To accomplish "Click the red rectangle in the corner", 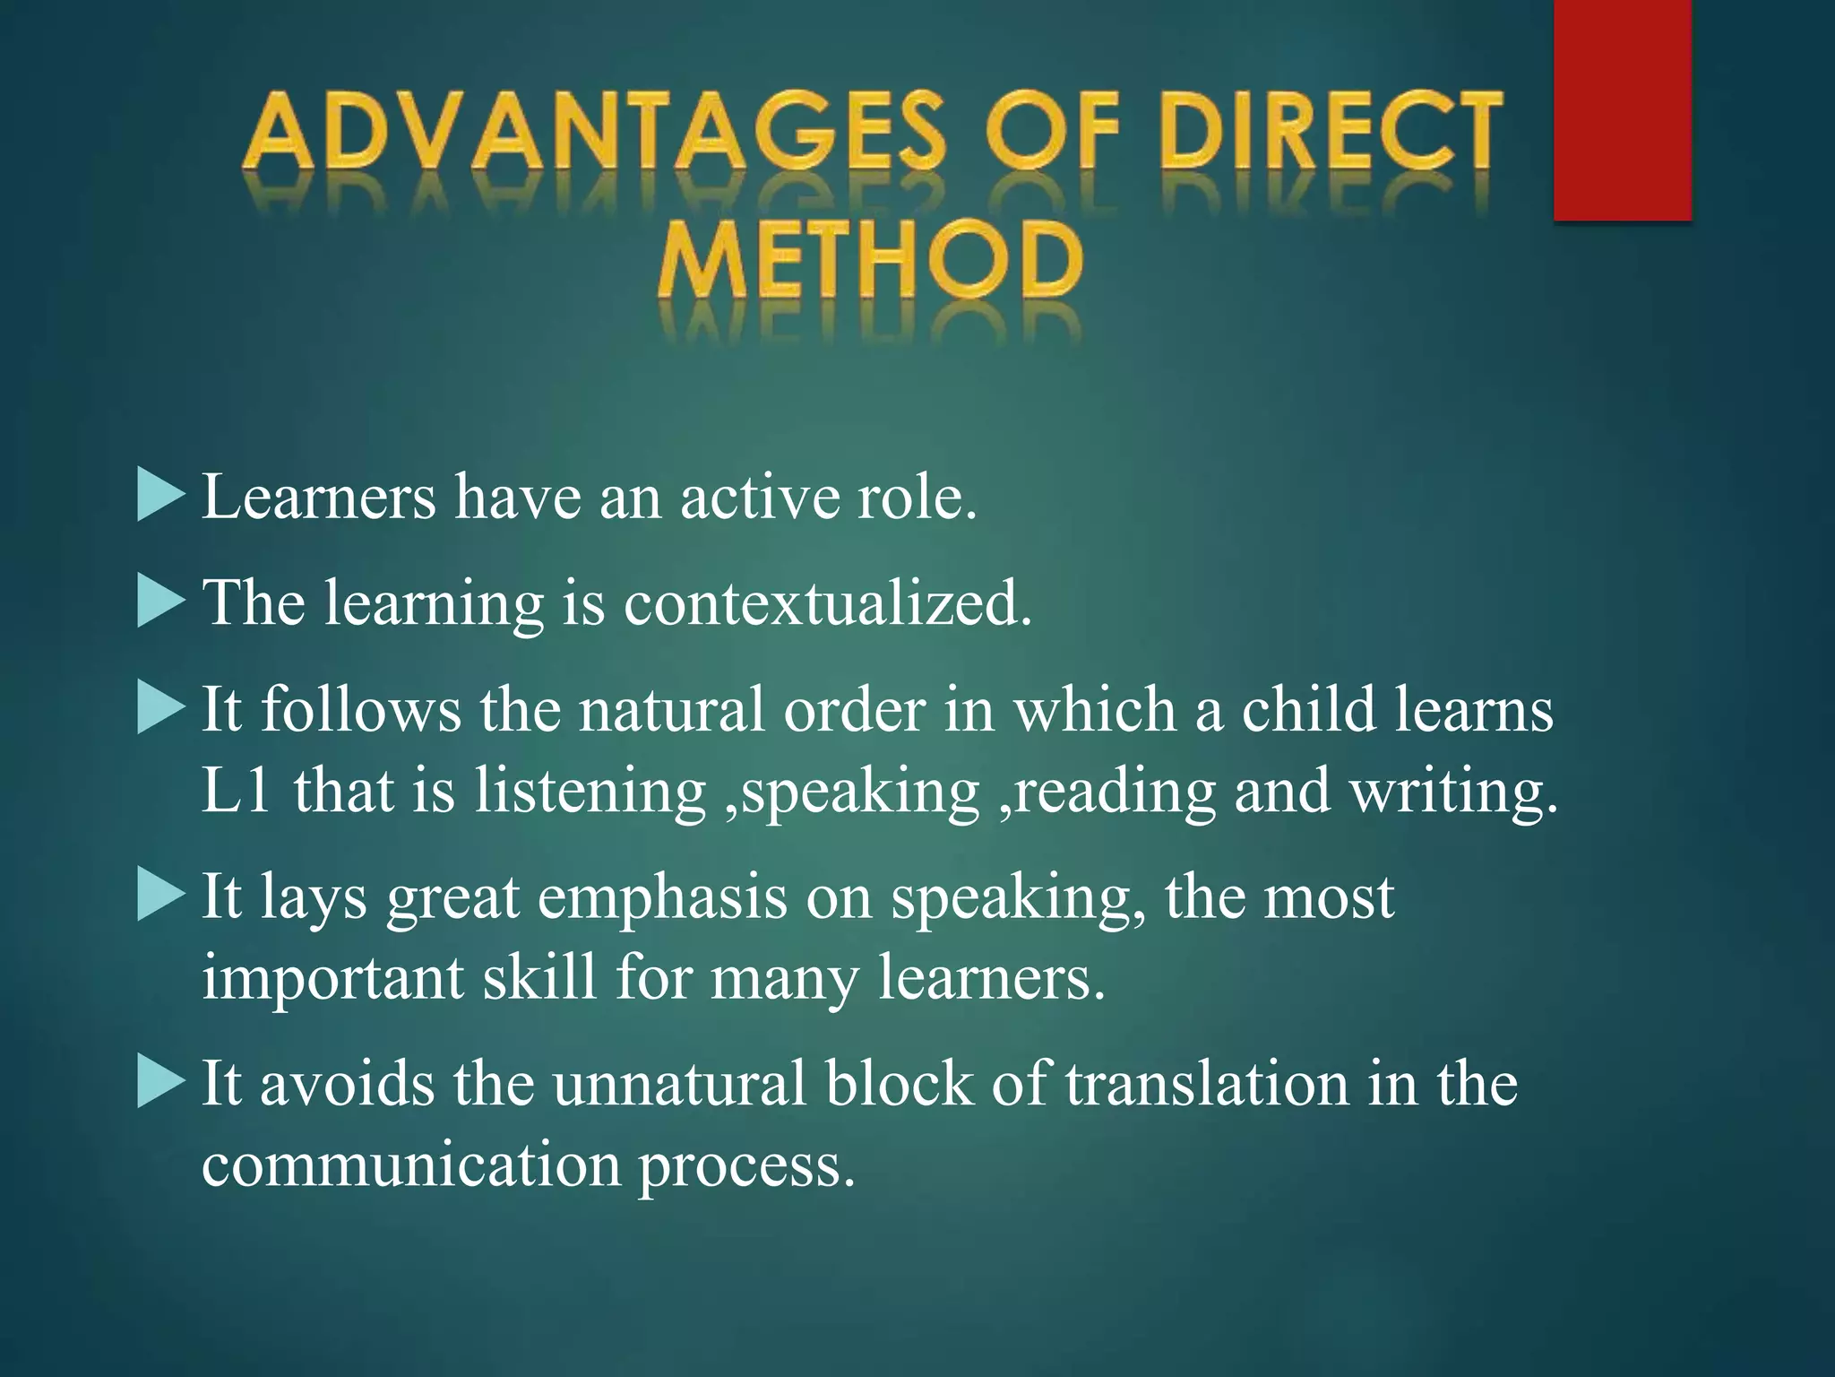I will coord(1622,109).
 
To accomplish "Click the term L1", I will coord(236,791).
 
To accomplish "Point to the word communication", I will coord(411,1165).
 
